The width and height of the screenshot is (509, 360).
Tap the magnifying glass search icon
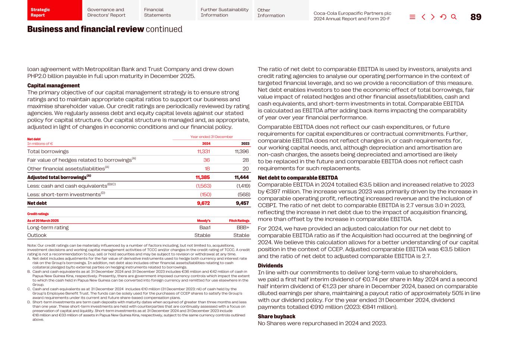click(x=453, y=17)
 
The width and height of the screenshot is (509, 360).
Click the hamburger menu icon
click(x=412, y=17)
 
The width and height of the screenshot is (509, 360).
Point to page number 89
click(x=475, y=17)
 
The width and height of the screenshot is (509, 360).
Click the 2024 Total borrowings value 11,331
click(x=203, y=151)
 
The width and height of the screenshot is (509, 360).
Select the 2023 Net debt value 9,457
click(x=242, y=203)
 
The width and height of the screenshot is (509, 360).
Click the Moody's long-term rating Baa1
click(x=205, y=228)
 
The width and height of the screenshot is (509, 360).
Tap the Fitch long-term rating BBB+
click(x=243, y=228)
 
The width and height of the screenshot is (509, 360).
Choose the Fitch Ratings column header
click(x=239, y=221)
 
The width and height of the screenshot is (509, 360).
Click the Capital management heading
click(x=53, y=85)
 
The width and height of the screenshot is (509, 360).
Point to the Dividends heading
click(x=270, y=266)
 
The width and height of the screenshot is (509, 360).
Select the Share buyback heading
click(x=276, y=316)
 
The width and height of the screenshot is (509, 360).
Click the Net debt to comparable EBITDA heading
click(x=298, y=178)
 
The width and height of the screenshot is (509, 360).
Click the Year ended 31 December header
click(x=211, y=137)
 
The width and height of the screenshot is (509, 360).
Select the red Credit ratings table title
click(x=38, y=214)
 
